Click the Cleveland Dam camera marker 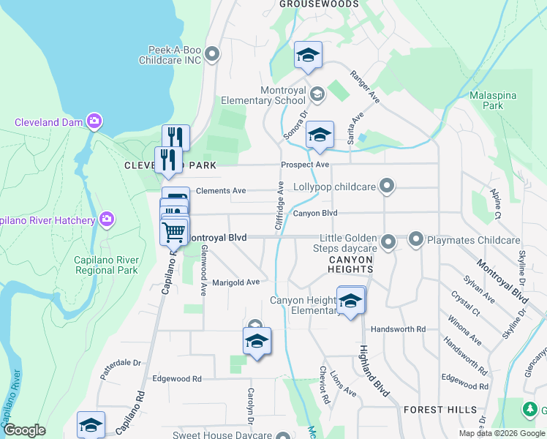[94, 121]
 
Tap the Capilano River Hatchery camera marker [107, 219]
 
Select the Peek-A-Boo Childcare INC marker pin [213, 53]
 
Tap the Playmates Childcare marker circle [416, 239]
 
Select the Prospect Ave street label [306, 165]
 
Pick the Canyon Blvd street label [315, 214]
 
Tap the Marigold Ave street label [235, 282]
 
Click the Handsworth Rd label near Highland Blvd [398, 329]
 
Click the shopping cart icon [174, 232]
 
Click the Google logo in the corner [24, 430]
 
